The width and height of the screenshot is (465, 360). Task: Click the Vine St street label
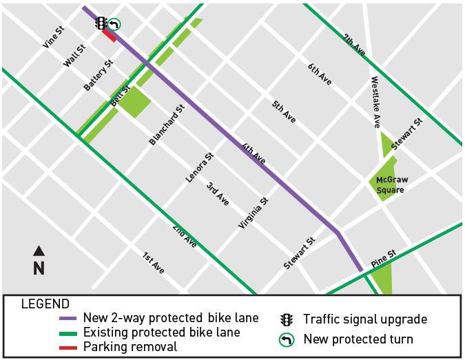pyautogui.click(x=54, y=37)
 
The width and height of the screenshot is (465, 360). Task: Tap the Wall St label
pyautogui.click(x=74, y=56)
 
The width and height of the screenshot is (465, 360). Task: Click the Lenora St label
pyautogui.click(x=200, y=167)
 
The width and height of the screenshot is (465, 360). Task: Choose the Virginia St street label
pyautogui.click(x=253, y=214)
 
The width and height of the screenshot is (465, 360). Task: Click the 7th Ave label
pyautogui.click(x=355, y=45)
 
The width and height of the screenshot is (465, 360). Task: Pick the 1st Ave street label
pyautogui.click(x=153, y=264)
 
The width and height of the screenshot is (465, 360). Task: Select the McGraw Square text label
pyautogui.click(x=390, y=184)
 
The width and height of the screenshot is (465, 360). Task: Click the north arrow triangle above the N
pyautogui.click(x=39, y=251)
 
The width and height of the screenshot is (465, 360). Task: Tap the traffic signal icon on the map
pyautogui.click(x=101, y=23)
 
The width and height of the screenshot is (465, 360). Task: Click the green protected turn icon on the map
pyautogui.click(x=114, y=25)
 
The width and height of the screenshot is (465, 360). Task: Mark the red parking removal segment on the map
pyautogui.click(x=109, y=35)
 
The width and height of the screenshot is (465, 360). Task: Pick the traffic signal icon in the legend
pyautogui.click(x=286, y=319)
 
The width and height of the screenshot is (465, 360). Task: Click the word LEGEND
pyautogui.click(x=45, y=304)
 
